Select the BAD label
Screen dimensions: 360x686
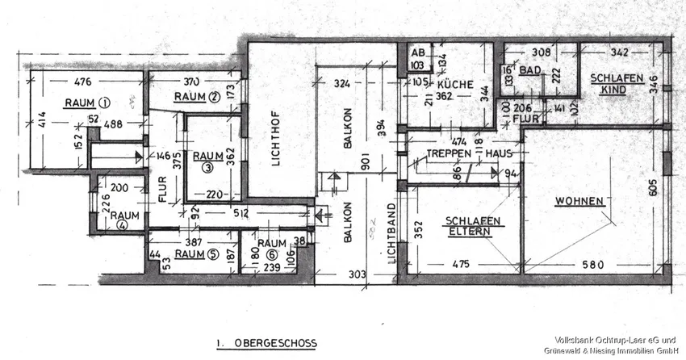(529, 71)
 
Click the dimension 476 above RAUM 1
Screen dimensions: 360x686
(84, 81)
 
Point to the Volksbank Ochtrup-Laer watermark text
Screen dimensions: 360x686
(614, 339)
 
